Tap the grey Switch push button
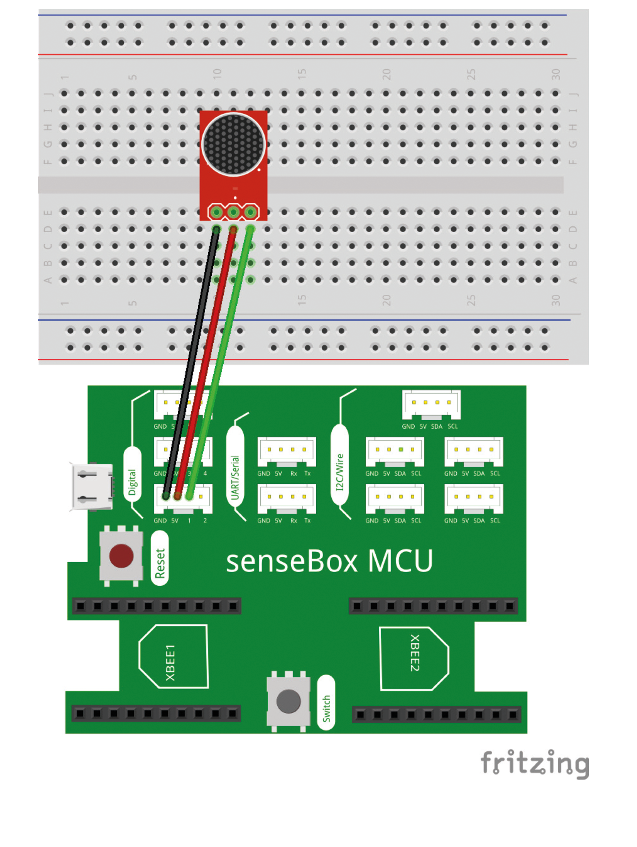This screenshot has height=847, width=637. click(288, 701)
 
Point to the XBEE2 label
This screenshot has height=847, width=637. click(415, 653)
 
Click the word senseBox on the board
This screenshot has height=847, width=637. click(292, 561)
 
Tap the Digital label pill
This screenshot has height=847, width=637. click(132, 475)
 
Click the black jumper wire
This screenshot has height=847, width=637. click(190, 364)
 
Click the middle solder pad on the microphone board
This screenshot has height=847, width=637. click(233, 212)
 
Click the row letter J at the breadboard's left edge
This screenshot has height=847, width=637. click(48, 93)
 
